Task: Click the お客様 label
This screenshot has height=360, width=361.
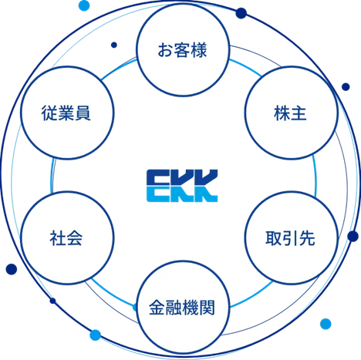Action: (x=182, y=50)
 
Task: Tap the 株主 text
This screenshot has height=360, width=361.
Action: (x=290, y=113)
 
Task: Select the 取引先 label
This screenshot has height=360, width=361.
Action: (x=290, y=238)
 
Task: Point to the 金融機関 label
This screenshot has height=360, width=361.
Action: (x=182, y=308)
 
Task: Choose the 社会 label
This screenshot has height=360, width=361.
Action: (x=66, y=238)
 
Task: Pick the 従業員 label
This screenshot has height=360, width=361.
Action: (x=66, y=113)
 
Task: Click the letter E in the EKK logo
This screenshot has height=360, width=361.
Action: (x=157, y=186)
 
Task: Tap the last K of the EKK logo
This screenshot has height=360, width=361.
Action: (x=206, y=186)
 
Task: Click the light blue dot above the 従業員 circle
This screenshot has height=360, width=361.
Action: (x=84, y=5)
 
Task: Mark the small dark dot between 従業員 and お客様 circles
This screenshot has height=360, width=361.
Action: (x=114, y=45)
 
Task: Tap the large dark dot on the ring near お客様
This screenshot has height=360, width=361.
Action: (x=241, y=13)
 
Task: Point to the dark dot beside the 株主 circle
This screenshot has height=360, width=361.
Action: (x=346, y=87)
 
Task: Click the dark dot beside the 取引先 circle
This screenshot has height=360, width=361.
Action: (x=353, y=236)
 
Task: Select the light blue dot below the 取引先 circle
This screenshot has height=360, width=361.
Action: (x=326, y=324)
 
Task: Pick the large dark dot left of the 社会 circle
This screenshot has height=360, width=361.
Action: (x=12, y=269)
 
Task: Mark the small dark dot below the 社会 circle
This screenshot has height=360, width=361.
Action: (x=52, y=301)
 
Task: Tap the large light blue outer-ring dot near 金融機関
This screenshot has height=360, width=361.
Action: (x=95, y=335)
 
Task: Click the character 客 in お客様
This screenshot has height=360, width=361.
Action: (x=182, y=50)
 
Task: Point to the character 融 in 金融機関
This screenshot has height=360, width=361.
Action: (x=174, y=308)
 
